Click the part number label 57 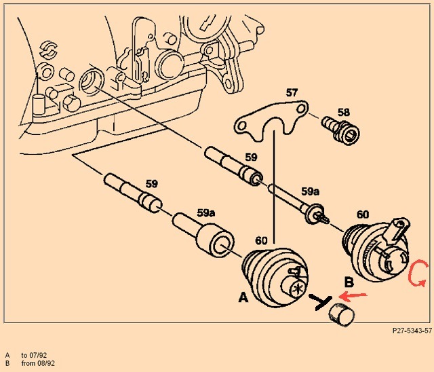pos(292,93)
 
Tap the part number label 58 pos(344,113)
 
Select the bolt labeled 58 pos(340,131)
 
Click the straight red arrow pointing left pos(353,297)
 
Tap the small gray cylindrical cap pos(341,315)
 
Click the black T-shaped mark pos(321,302)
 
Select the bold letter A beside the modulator pos(243,298)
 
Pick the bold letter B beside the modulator pos(349,282)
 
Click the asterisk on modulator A pos(298,290)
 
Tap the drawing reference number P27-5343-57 pos(412,331)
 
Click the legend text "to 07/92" pos(34,355)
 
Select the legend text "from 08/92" pos(38,363)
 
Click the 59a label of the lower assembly pos(206,213)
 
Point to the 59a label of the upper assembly pos(310,191)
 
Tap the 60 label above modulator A pos(261,241)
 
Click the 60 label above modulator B pos(363,215)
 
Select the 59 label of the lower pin pos(152,184)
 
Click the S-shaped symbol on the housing pos(48,50)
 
